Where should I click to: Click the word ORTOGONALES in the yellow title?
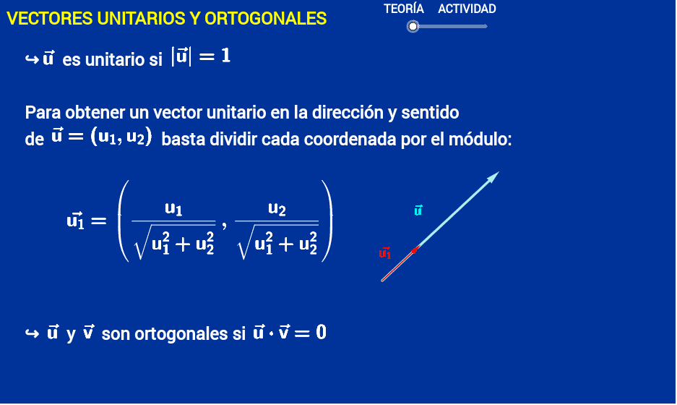coord(266,19)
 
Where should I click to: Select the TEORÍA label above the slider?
coord(404,9)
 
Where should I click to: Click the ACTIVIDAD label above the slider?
coord(467,9)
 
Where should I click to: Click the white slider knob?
coord(413,27)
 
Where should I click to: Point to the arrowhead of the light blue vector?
coord(493,176)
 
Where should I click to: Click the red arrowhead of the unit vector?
coord(415,250)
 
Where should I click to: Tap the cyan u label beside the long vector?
coord(418,210)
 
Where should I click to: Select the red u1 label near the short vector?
coord(384,253)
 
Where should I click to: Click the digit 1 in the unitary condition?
coord(226,56)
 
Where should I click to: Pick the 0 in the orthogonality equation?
coord(321,333)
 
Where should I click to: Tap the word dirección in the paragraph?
coord(348,112)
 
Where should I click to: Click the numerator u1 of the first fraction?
coord(173,209)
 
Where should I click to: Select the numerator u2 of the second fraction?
coord(277,209)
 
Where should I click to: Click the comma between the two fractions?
coord(224,226)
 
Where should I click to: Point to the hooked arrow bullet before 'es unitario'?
coord(32,59)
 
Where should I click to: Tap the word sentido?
coord(430,112)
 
